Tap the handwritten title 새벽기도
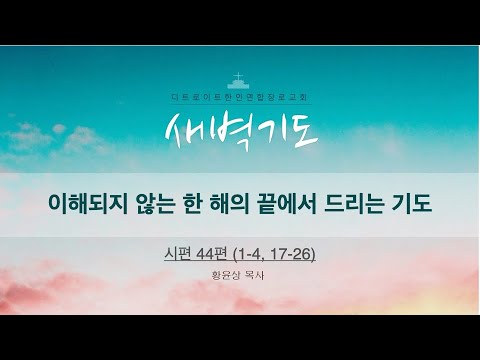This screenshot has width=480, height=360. [x=238, y=129]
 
